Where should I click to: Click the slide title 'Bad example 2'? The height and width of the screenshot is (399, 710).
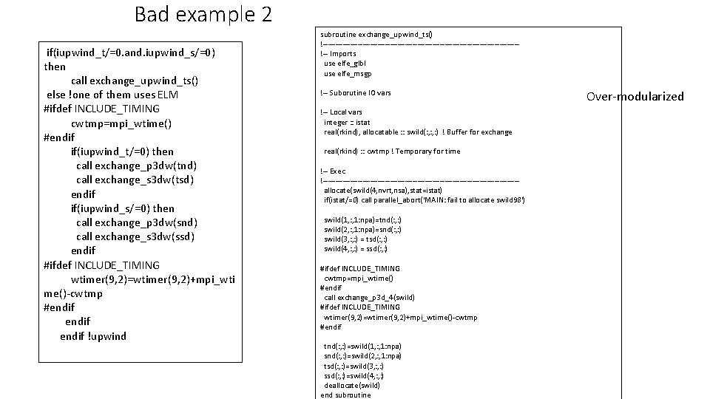click(x=203, y=14)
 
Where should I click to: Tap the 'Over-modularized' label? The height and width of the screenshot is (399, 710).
click(x=635, y=96)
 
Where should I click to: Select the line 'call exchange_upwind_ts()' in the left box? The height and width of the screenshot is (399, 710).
click(x=135, y=80)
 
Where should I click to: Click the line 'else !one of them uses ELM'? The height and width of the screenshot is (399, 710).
click(x=112, y=95)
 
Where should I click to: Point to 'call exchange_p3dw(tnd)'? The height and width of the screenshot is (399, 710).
click(x=136, y=166)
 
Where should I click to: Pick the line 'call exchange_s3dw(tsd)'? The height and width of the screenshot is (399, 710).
click(x=135, y=180)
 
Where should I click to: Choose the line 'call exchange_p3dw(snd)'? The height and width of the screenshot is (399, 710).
click(x=136, y=222)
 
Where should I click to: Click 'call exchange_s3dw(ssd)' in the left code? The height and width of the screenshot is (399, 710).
click(x=135, y=236)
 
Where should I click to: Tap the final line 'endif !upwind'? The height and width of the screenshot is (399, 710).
click(x=93, y=336)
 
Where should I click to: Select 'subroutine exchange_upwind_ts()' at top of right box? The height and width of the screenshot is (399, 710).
click(x=376, y=34)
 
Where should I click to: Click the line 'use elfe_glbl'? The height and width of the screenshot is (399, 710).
click(x=345, y=64)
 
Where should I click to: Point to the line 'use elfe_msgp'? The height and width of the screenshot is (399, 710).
click(x=348, y=73)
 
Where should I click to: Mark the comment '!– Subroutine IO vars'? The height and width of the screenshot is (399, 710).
click(x=356, y=93)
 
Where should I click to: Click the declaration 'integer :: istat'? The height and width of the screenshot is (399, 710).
click(x=347, y=122)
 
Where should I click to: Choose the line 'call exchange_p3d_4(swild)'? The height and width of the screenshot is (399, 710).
click(x=369, y=297)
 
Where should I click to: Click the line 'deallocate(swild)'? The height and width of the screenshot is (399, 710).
click(x=352, y=385)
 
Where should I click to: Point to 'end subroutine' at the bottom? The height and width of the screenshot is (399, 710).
click(x=345, y=395)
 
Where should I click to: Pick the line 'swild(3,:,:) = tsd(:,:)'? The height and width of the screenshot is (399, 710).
click(x=356, y=239)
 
